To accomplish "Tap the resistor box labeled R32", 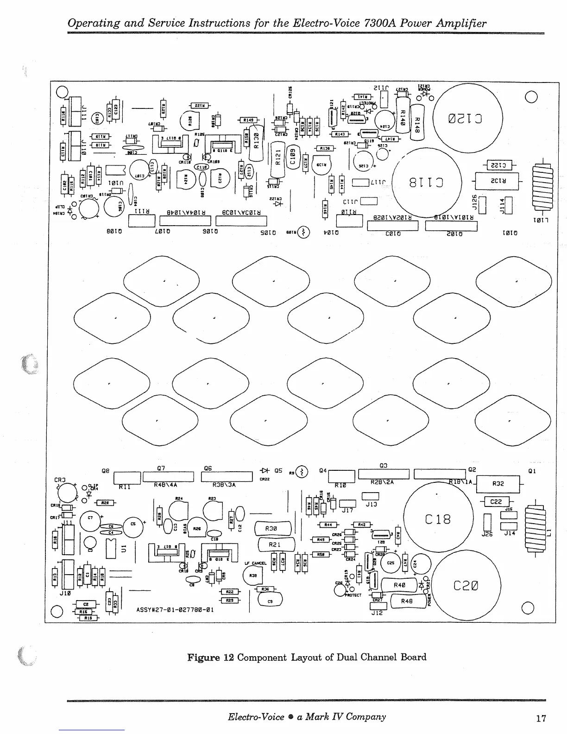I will pyautogui.click(x=498, y=484).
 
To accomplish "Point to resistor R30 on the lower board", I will pyautogui.click(x=272, y=528).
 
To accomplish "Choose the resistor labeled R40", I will pyautogui.click(x=399, y=585).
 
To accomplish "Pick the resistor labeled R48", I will pyautogui.click(x=407, y=601).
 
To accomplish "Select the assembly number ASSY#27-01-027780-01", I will pyautogui.click(x=175, y=610).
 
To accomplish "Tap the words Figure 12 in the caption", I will pyautogui.click(x=210, y=657).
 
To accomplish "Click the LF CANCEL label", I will pyautogui.click(x=255, y=563).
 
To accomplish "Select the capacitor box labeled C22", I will pyautogui.click(x=496, y=502).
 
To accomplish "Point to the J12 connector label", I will pyautogui.click(x=377, y=613).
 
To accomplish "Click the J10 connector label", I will pyautogui.click(x=65, y=593).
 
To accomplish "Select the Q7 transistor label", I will pyautogui.click(x=161, y=468).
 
